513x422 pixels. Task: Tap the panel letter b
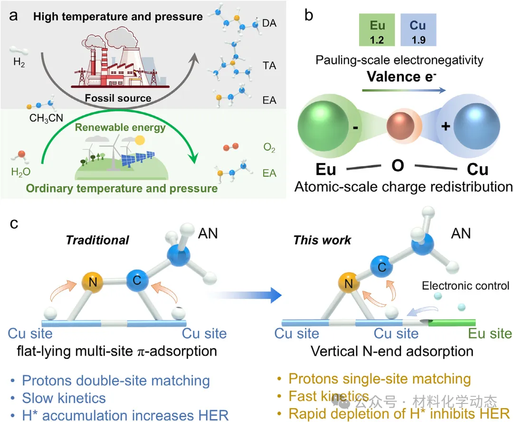(309, 15)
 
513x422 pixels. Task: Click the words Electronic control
(465, 286)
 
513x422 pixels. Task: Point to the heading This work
(322, 240)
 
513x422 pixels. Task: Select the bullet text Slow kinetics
(64, 397)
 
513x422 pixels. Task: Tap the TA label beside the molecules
(269, 66)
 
